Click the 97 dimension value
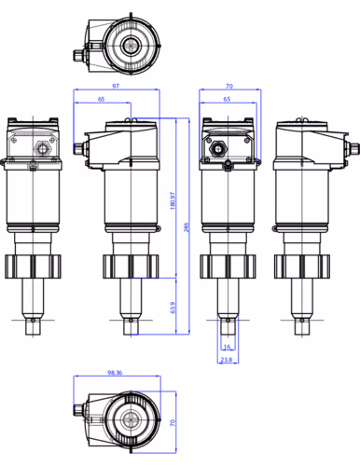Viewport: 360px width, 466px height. point(115,87)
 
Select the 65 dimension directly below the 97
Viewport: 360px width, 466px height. point(101,99)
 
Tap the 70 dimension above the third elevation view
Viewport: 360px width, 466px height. point(228,87)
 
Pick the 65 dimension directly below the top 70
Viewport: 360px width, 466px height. point(227,99)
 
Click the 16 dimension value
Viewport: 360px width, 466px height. point(227,347)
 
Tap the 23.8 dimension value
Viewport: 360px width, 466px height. point(227,359)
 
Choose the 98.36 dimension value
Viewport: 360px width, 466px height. point(116,373)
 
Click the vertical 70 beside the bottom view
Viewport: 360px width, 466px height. point(173,422)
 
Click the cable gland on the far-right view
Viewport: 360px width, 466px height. point(353,146)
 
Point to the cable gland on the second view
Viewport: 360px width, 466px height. point(81,145)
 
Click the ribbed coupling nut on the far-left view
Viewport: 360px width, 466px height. point(32,266)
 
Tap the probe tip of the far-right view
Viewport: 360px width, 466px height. point(302,326)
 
